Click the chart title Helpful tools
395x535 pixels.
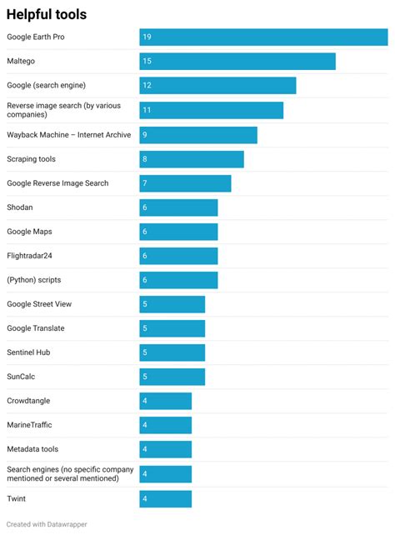(47, 14)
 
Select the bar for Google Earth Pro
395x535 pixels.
(262, 37)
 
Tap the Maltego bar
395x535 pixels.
(237, 62)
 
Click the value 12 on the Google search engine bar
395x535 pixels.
(147, 86)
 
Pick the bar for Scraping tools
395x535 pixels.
(191, 159)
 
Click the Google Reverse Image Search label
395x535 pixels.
(57, 183)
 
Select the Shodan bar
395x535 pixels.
(178, 207)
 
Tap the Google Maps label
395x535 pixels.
(29, 232)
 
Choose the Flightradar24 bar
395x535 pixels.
(178, 256)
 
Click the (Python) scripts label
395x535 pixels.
(33, 280)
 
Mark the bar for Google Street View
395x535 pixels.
(172, 304)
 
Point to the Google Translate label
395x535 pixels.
(35, 328)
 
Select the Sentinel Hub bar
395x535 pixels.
(172, 352)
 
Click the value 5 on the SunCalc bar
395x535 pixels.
(145, 377)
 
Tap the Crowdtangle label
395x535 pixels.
(28, 401)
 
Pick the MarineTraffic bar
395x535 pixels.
(165, 425)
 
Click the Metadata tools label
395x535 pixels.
(32, 449)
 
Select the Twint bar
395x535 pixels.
(165, 498)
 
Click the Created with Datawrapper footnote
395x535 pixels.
(47, 524)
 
